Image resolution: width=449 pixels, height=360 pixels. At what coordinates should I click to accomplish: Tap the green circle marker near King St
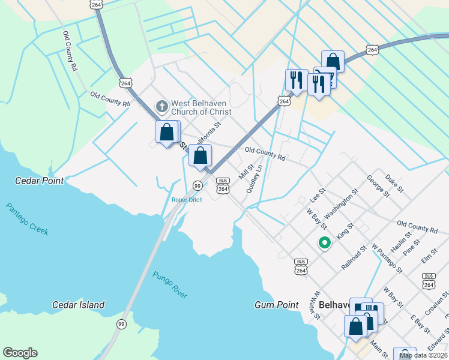[x=325, y=243]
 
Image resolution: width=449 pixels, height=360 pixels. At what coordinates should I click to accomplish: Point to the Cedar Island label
[x=78, y=305]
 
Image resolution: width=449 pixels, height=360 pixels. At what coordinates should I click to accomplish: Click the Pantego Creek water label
[x=28, y=219]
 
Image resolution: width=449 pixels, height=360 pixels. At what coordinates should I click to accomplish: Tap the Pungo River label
[x=170, y=285]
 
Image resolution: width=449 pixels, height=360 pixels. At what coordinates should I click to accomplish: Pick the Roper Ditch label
[x=187, y=200]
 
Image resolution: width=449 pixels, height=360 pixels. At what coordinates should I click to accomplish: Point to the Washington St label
[x=341, y=204]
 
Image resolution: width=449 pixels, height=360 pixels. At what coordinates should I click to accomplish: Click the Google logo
[x=20, y=353]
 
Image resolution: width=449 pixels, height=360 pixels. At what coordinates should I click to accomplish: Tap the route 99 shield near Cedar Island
[x=121, y=324]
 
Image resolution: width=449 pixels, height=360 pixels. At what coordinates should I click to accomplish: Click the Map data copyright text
[x=423, y=356]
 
